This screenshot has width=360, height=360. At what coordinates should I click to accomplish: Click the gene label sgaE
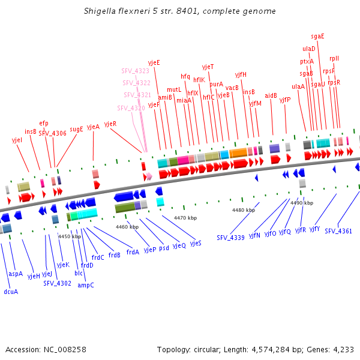[317, 36]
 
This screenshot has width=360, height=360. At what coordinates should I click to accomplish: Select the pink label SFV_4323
[135, 71]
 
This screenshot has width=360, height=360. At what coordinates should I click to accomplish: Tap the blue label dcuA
[11, 292]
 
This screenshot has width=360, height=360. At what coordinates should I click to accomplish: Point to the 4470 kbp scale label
[185, 218]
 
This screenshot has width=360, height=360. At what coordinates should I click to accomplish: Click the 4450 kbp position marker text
[70, 236]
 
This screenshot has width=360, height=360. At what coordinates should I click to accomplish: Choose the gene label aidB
[271, 95]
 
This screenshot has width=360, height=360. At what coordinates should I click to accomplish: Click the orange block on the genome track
[238, 153]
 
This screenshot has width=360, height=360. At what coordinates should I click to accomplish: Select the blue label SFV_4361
[338, 231]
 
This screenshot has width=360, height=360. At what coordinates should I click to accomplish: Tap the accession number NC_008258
[65, 349]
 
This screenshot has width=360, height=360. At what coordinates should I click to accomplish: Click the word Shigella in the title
[100, 11]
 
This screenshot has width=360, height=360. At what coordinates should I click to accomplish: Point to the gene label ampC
[86, 285]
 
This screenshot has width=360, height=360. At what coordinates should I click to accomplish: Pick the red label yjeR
[110, 124]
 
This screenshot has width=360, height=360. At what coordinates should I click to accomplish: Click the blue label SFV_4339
[230, 238]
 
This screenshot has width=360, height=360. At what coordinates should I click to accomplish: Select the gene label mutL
[174, 89]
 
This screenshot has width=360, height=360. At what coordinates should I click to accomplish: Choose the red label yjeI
[17, 140]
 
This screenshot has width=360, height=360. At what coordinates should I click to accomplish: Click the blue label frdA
[133, 252]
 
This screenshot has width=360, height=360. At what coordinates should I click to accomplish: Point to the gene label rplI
[334, 59]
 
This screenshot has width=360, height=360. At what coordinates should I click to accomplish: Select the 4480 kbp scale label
[244, 210]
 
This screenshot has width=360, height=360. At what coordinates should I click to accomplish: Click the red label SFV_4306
[52, 133]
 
